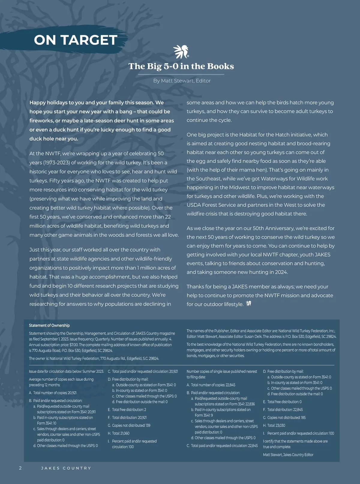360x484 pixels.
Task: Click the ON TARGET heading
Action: coord(75,40)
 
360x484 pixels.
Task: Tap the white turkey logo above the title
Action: coord(181,52)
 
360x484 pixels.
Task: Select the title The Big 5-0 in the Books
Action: coord(181,66)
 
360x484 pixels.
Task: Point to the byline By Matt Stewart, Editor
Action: coord(182,81)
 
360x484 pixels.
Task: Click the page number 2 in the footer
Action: coord(20,468)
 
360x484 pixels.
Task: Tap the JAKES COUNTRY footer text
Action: coord(66,468)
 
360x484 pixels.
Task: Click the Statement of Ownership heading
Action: coord(49,326)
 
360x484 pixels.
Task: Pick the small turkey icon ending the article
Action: coord(248,304)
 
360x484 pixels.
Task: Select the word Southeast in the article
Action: coord(209,179)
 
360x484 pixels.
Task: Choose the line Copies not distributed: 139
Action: coord(129,425)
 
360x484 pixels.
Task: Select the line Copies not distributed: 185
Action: coord(284,418)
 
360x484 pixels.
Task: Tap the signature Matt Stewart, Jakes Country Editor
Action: coord(288,455)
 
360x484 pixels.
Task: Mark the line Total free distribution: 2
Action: coord(127,410)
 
